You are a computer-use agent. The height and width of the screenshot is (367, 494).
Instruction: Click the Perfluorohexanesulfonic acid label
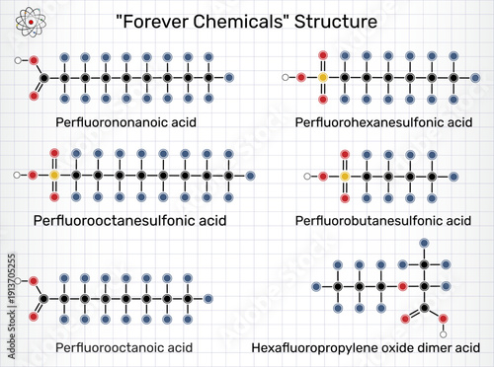click(383, 121)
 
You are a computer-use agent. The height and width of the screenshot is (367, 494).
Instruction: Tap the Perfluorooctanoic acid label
click(123, 347)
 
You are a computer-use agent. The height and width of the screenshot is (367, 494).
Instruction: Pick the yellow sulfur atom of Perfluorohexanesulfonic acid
click(321, 76)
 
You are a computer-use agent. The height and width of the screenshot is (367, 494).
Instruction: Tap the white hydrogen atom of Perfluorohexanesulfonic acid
click(285, 76)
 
